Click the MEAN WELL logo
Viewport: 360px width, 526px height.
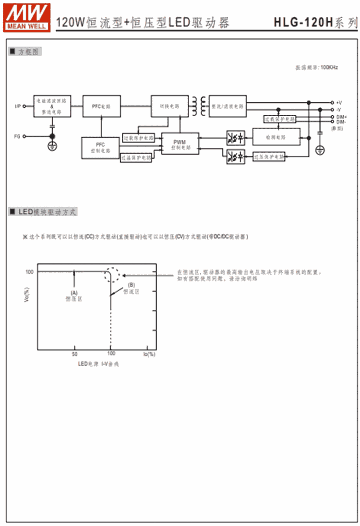(27, 17)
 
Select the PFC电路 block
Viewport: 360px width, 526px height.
(101, 106)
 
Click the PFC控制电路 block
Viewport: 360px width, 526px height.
(100, 147)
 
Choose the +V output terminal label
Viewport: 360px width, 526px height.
(339, 102)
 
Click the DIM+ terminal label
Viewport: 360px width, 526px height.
(341, 117)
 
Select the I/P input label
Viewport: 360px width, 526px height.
(18, 106)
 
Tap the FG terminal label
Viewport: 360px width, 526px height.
(17, 136)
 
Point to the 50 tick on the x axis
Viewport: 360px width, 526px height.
(74, 354)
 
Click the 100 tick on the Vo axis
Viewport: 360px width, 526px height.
(30, 272)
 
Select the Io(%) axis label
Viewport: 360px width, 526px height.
(149, 354)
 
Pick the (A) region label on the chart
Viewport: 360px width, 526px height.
(74, 293)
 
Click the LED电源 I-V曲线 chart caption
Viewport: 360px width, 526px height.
(98, 364)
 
